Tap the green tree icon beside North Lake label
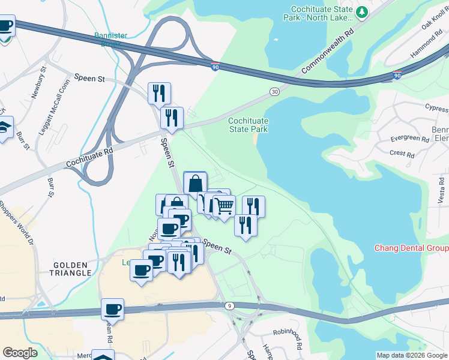361,11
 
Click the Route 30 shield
275,91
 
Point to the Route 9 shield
229,307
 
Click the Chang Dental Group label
411,248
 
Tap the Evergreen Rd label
409,139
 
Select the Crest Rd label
402,154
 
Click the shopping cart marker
224,206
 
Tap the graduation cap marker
5,128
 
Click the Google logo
20,353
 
